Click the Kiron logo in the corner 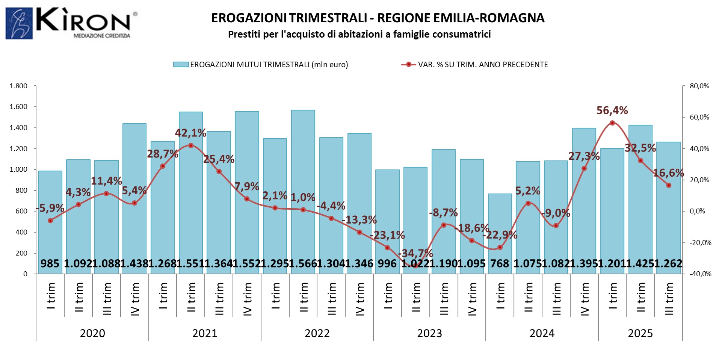coord(71,23)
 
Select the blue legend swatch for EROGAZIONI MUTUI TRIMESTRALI coord(180,65)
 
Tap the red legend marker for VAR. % coord(409,65)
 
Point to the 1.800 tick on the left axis coord(18,86)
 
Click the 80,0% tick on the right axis coord(699,86)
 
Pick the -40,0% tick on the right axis coord(700,274)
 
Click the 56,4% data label coord(612,110)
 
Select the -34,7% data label coord(415,253)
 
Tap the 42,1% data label coord(190,133)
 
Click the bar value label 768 coord(500,263)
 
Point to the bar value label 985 coord(50,263)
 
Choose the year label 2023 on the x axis coord(429,333)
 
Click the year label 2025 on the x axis coord(640,333)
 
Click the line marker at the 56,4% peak coord(612,123)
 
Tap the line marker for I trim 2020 coord(50,221)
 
